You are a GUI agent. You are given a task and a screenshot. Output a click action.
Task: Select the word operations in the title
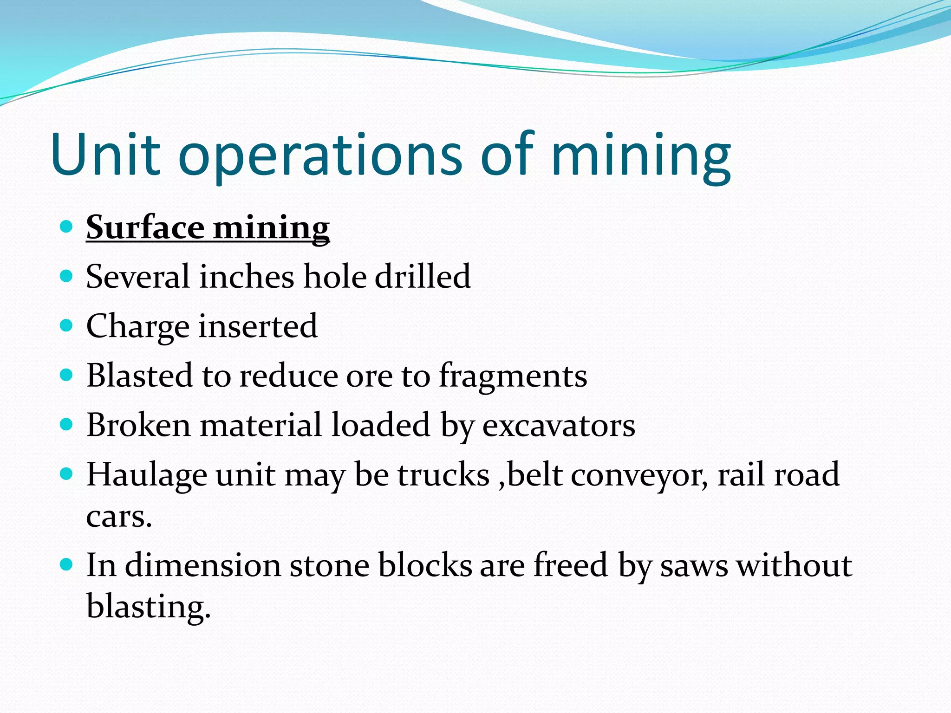(x=320, y=156)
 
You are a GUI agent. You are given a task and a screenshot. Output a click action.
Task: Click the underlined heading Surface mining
(x=208, y=228)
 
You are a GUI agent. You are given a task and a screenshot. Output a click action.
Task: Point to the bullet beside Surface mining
(x=67, y=227)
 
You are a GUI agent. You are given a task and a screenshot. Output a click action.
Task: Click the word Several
(x=137, y=277)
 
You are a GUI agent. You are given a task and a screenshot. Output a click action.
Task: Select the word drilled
(x=423, y=277)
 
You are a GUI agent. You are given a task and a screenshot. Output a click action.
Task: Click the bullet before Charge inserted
(x=67, y=325)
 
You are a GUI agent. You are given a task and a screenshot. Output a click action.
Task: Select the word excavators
(x=559, y=426)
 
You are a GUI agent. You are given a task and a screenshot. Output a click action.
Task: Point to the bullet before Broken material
(x=67, y=424)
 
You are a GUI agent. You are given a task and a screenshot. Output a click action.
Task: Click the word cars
(x=119, y=517)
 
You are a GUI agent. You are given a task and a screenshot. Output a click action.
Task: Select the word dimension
(x=203, y=565)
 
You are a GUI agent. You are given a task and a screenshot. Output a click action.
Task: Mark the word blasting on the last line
(x=149, y=607)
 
